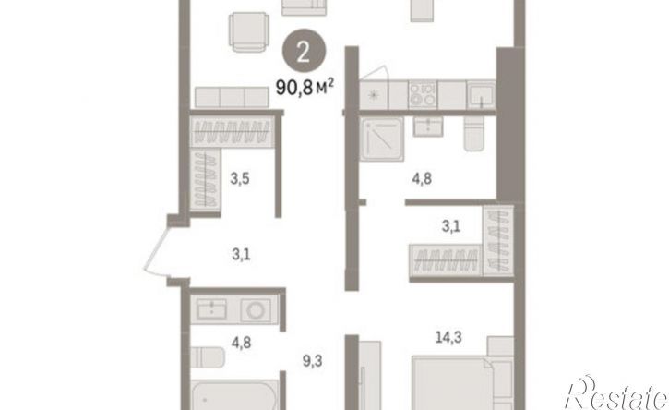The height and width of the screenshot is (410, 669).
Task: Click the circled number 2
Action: click(304, 51)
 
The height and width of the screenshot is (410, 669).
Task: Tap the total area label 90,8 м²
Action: click(305, 88)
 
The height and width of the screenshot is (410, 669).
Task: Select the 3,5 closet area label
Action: click(240, 178)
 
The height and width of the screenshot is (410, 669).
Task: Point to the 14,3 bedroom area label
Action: click(448, 337)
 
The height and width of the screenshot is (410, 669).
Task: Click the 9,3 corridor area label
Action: click(312, 361)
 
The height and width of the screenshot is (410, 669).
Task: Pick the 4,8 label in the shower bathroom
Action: click(422, 178)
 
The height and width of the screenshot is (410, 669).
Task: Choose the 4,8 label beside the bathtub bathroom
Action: click(241, 343)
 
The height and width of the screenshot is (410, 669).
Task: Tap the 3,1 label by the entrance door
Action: click(241, 255)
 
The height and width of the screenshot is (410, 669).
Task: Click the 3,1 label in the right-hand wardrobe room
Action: click(451, 226)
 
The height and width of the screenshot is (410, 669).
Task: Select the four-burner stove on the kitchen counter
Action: click(423, 94)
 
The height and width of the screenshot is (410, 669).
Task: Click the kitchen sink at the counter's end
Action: click(481, 94)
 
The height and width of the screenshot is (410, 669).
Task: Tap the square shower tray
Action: click(381, 139)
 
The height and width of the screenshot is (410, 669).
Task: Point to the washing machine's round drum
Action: click(256, 310)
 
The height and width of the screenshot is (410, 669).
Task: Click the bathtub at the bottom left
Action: click(234, 395)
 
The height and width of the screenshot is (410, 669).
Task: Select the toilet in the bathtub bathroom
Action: click(207, 357)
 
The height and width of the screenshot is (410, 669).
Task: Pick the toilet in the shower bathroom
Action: click(474, 133)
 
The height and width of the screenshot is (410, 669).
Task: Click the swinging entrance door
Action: click(156, 252)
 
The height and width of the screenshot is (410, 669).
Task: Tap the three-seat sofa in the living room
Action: click(232, 97)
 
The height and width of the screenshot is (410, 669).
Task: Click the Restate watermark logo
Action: click(617, 393)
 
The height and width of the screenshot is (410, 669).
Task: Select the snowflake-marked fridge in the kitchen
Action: click(375, 94)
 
